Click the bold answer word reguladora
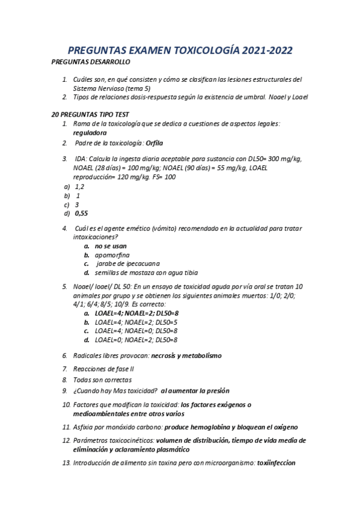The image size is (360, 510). click(90, 132)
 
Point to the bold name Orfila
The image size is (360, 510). click(154, 143)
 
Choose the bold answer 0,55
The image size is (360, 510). click(81, 213)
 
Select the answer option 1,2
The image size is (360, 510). click(79, 186)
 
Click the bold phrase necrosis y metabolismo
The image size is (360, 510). click(186, 356)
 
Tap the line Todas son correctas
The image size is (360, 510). click(102, 379)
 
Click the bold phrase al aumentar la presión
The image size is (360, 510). click(195, 391)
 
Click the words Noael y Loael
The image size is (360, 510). click(285, 97)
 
